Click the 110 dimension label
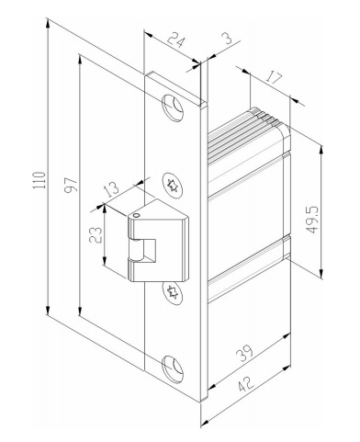pyautogui.click(x=39, y=180)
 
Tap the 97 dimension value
pyautogui.click(x=71, y=185)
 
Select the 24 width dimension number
pyautogui.click(x=176, y=41)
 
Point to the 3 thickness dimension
pyautogui.click(x=229, y=39)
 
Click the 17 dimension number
pyautogui.click(x=274, y=77)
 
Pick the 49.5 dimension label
pyautogui.click(x=313, y=220)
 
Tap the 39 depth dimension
pyautogui.click(x=245, y=353)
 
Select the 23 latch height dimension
pyautogui.click(x=96, y=234)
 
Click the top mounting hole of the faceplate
pyautogui.click(x=173, y=108)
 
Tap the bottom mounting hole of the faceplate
pyautogui.click(x=173, y=368)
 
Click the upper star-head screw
pyautogui.click(x=173, y=186)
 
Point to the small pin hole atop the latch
pyautogui.click(x=137, y=215)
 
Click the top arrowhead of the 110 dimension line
pyautogui.click(x=48, y=23)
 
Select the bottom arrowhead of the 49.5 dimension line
pyautogui.click(x=321, y=274)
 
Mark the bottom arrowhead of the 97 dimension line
pyautogui.click(x=80, y=311)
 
